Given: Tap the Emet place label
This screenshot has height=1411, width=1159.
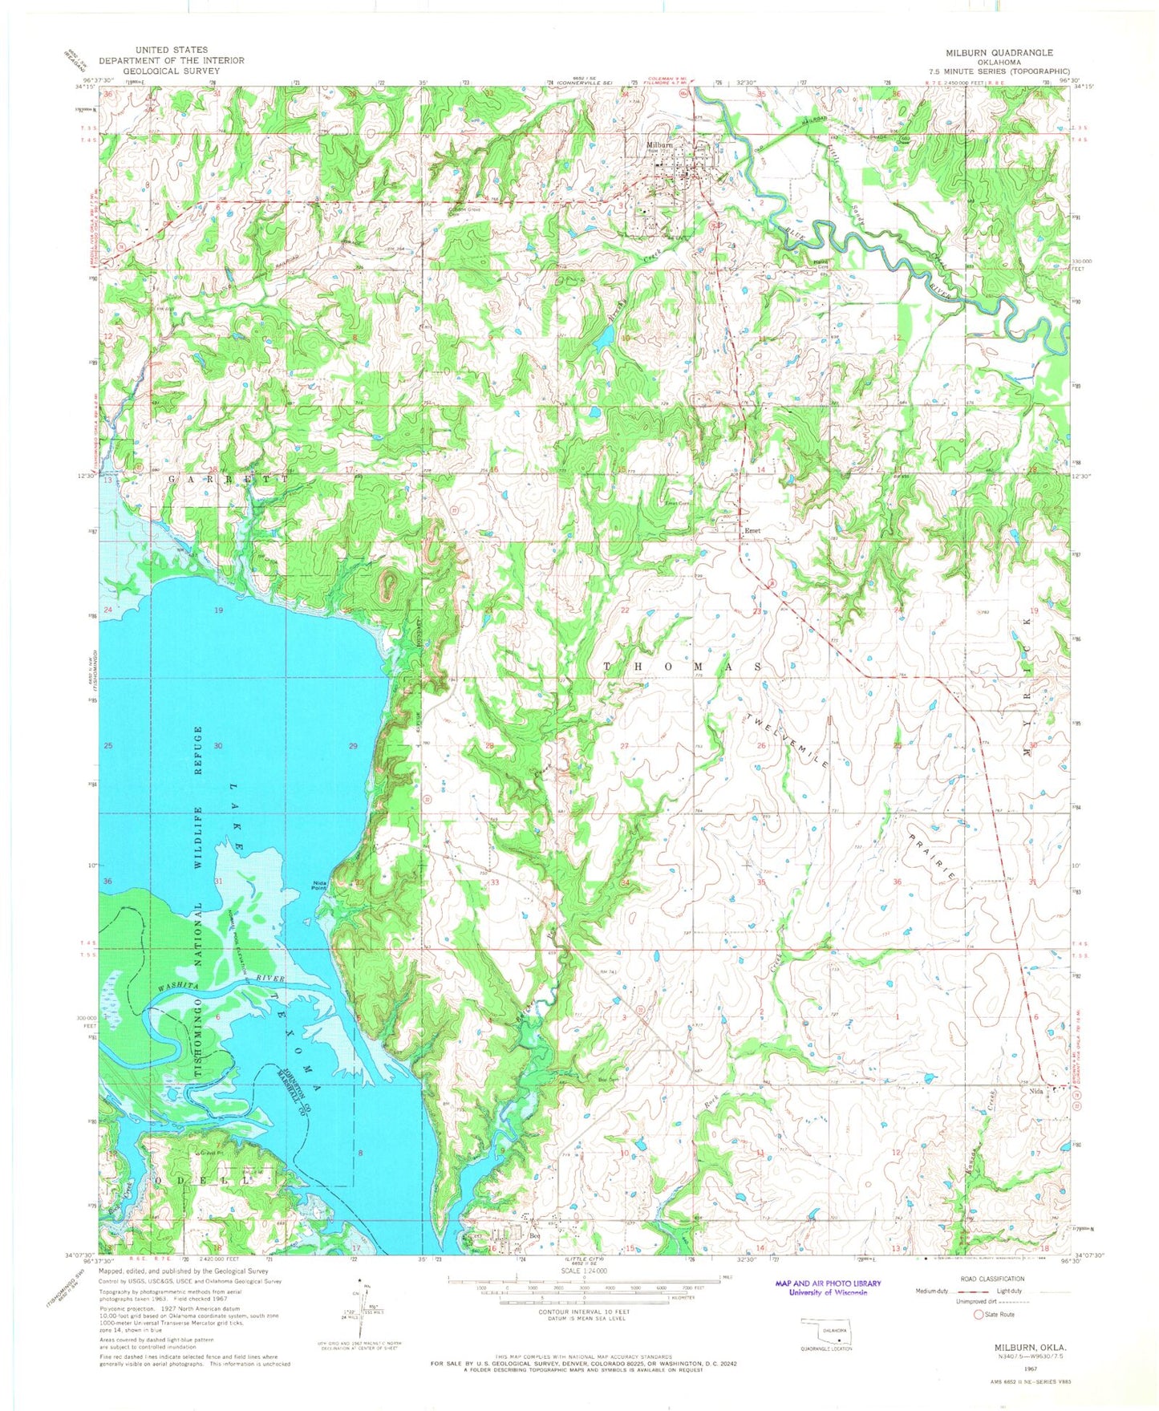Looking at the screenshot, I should coord(752,530).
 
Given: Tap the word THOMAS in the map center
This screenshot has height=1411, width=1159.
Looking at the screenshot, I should coord(682,667).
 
